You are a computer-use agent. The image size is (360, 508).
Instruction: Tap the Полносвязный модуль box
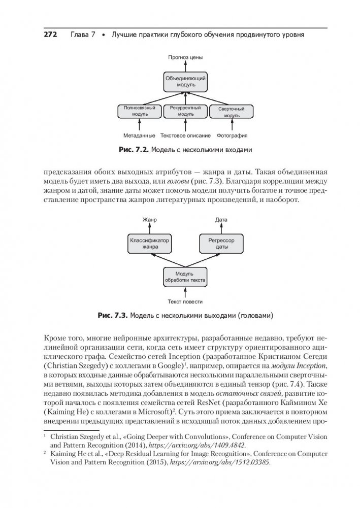139,111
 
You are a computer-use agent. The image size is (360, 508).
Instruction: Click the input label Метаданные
139,136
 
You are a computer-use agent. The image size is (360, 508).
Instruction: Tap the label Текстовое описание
185,136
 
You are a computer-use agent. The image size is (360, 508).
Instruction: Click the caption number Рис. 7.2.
134,150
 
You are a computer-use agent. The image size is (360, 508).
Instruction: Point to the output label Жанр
149,220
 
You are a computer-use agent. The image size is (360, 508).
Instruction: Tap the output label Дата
221,220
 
